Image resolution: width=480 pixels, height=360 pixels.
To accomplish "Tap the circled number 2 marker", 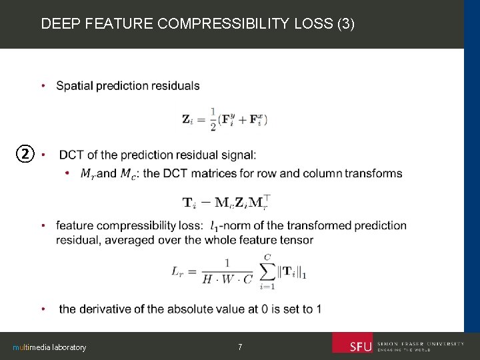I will [x=25, y=155].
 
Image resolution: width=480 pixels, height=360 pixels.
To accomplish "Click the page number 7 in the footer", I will [x=240, y=347].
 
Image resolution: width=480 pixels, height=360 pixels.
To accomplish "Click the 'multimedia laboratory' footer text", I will [x=49, y=347].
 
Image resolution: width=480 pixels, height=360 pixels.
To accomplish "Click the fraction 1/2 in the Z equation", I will [x=213, y=119].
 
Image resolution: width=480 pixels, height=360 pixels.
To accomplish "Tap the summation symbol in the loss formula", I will [x=267, y=271].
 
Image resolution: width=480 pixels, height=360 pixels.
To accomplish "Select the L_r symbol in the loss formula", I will [x=178, y=271].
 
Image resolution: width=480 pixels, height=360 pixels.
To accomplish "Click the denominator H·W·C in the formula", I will [x=228, y=279].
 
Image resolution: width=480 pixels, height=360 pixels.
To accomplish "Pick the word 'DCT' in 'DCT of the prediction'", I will [x=71, y=155].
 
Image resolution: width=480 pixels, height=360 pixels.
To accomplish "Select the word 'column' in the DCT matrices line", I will [x=321, y=174].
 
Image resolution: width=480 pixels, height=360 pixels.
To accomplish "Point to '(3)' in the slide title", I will [x=347, y=25].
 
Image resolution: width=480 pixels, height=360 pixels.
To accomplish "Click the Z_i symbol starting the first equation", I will [x=189, y=119].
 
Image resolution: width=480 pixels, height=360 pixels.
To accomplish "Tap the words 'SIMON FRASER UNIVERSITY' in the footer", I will [x=421, y=343].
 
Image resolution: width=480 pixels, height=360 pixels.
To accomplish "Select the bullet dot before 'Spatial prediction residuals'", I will [x=43, y=86].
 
